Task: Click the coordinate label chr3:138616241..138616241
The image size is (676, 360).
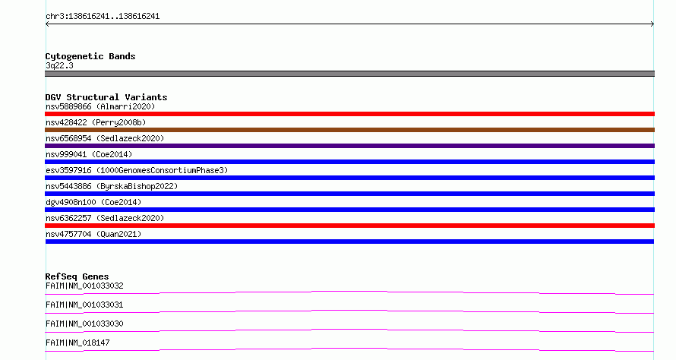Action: click(103, 17)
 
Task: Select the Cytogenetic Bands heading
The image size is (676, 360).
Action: click(90, 56)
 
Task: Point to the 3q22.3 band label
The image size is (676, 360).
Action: click(59, 65)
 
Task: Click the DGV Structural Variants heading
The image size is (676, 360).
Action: click(106, 97)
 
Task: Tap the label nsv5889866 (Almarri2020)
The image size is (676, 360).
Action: click(100, 106)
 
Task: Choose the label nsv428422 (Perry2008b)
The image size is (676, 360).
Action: click(96, 122)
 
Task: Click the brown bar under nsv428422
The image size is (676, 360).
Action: click(349, 130)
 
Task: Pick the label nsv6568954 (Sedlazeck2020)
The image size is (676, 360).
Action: click(105, 138)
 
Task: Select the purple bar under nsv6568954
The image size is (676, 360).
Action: click(349, 146)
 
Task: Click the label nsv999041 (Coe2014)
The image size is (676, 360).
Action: click(89, 154)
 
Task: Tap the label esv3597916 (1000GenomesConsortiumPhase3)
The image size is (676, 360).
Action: click(137, 170)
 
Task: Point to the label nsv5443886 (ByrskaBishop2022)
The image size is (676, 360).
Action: click(112, 186)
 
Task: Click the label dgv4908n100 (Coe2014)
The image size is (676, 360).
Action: click(93, 202)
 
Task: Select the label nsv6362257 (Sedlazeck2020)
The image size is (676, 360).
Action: click(105, 218)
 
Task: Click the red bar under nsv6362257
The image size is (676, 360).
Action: click(349, 226)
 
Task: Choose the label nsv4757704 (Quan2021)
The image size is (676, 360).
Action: click(93, 234)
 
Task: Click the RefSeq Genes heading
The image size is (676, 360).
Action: click(77, 276)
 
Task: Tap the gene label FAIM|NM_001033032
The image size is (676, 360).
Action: click(84, 286)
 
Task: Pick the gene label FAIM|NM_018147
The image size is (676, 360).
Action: click(77, 343)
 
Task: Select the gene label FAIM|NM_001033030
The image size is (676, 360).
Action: click(84, 324)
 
